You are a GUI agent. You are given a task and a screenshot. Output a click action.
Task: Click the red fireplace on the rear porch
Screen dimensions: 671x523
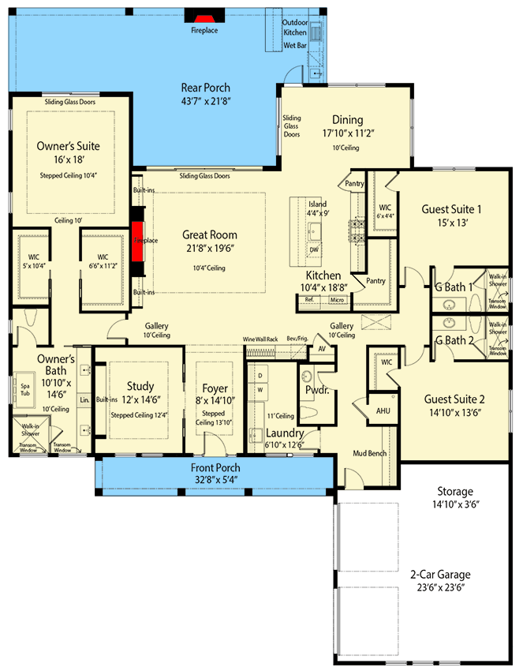tap(204, 19)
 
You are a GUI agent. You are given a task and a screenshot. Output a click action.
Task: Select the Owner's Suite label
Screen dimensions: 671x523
tap(69, 146)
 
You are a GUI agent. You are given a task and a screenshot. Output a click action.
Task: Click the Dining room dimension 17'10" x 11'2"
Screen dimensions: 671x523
tap(347, 134)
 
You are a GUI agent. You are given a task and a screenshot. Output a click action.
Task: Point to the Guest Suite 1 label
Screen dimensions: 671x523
tap(452, 209)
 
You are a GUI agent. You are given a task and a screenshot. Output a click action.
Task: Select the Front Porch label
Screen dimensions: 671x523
tap(215, 468)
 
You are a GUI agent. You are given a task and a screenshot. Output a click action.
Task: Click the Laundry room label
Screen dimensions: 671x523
tap(285, 433)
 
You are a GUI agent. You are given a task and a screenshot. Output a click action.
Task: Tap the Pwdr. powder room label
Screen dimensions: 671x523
tap(316, 390)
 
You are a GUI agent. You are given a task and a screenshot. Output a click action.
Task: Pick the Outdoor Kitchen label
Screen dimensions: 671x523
tap(295, 28)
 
